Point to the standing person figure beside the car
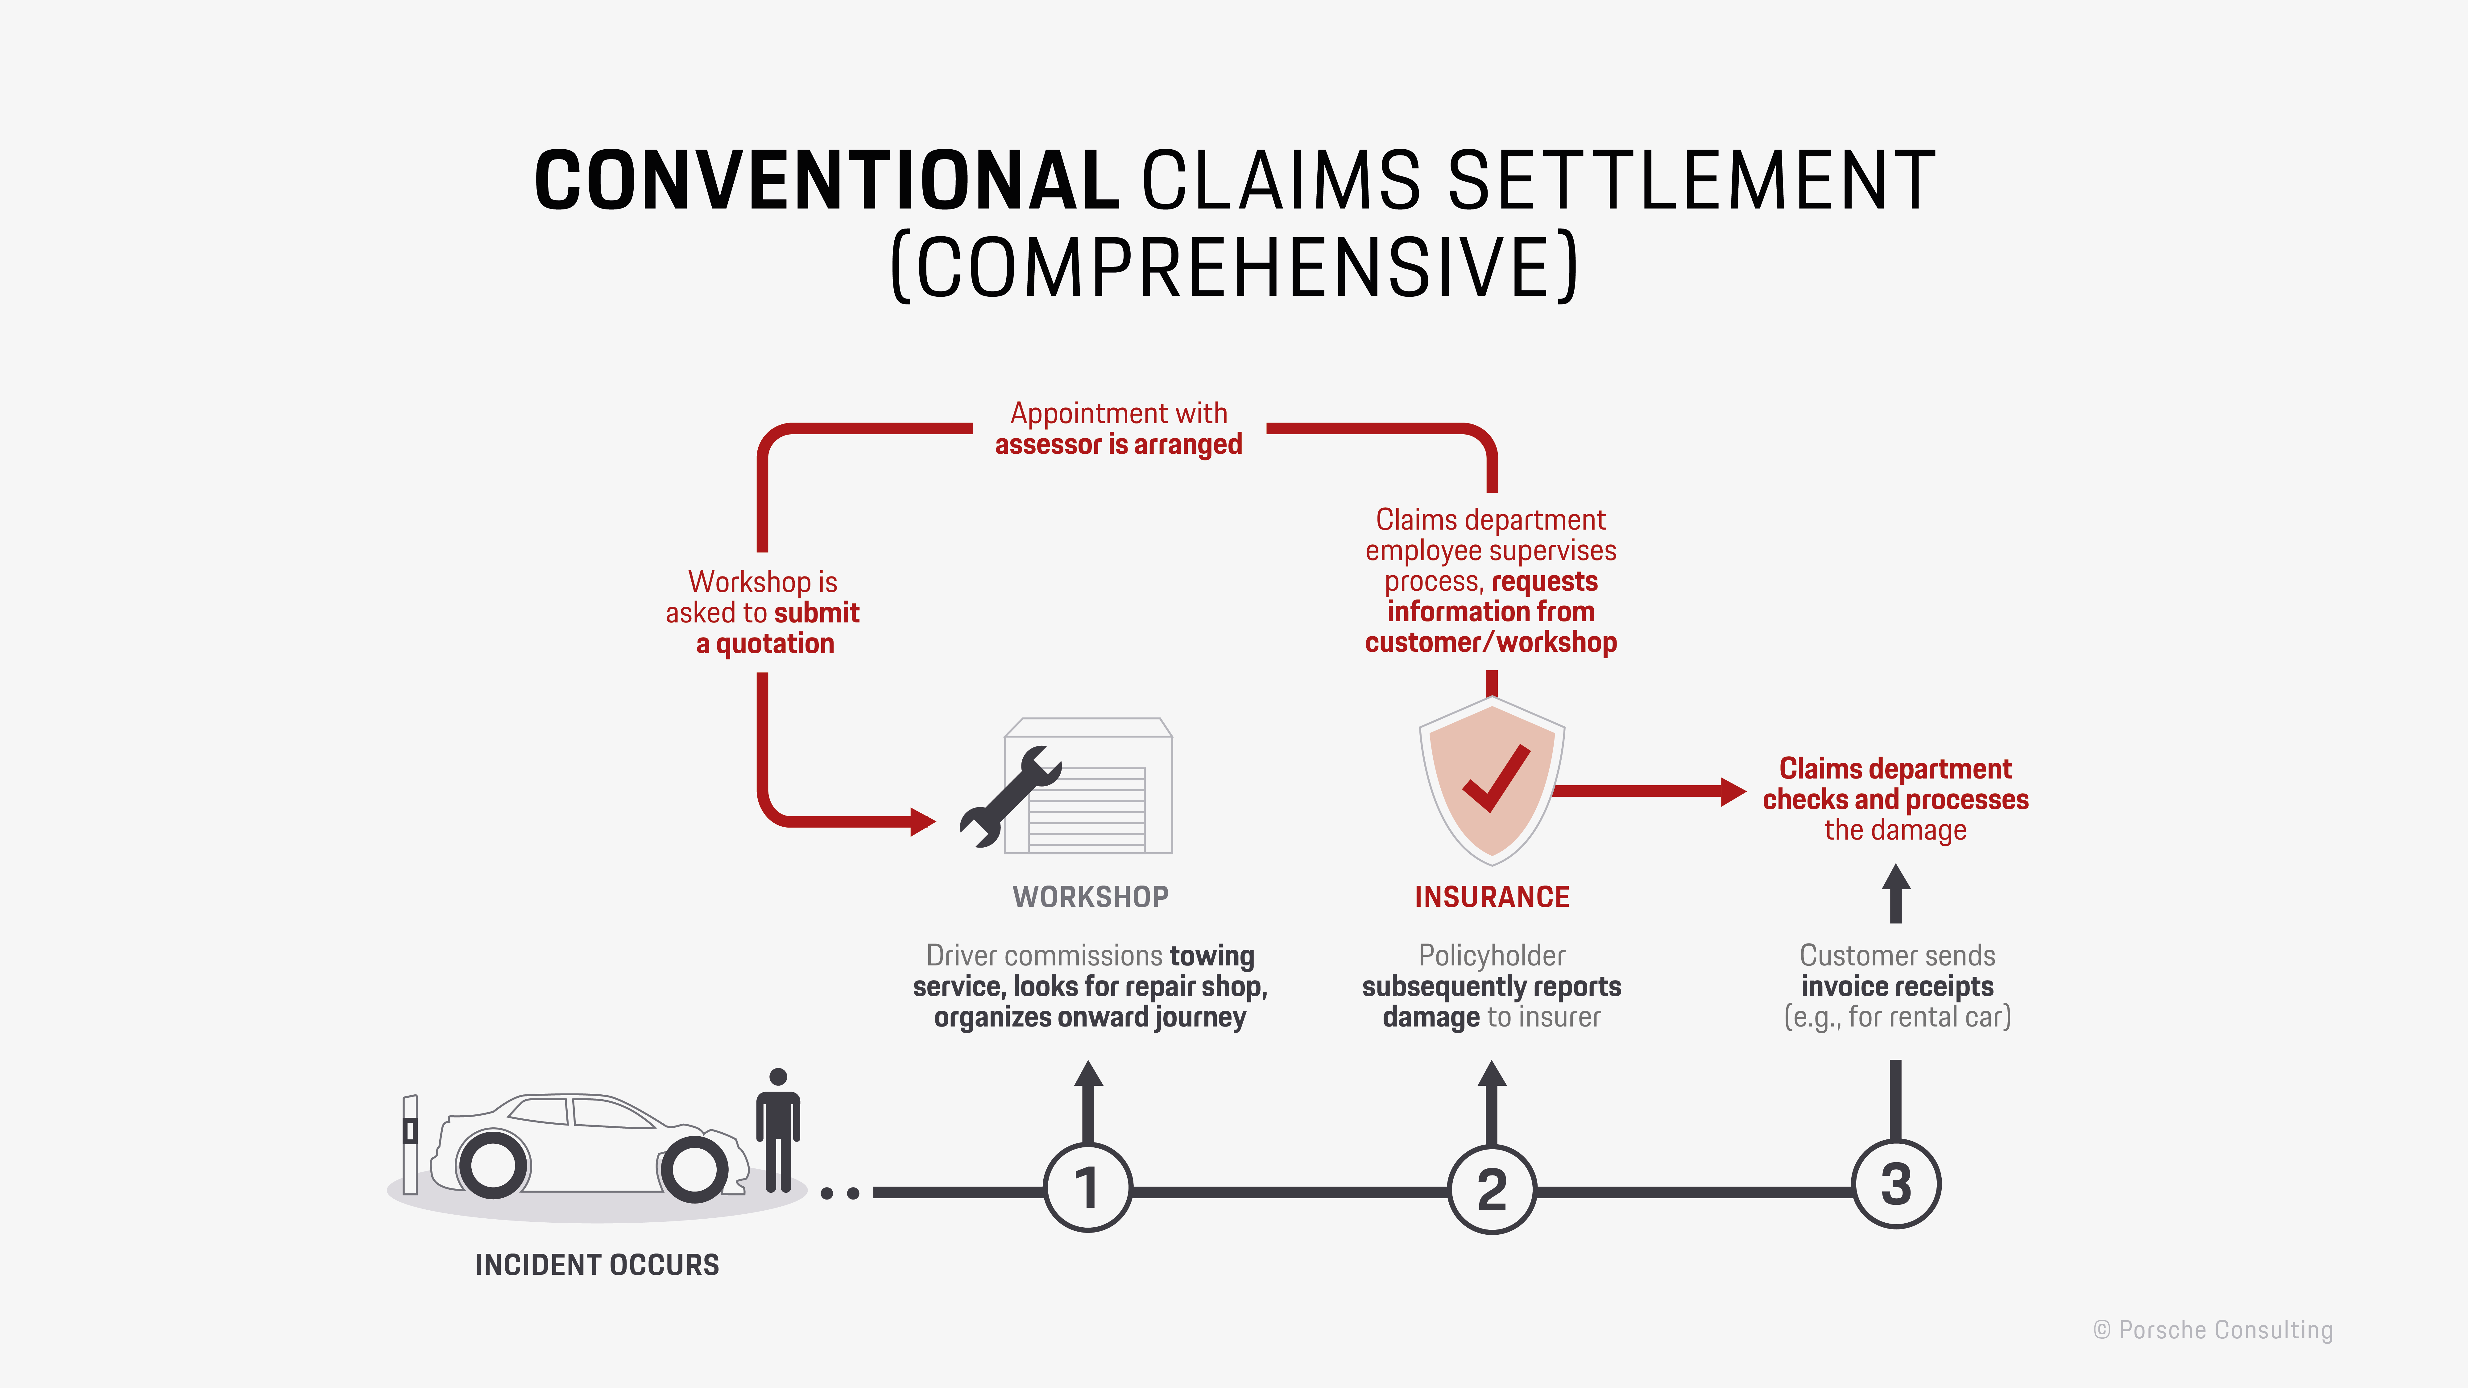778,1130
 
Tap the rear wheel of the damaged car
492,1165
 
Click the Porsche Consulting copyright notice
2213,1330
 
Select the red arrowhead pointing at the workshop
923,822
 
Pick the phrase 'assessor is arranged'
1118,444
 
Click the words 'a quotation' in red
764,644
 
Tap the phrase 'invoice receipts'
1897,987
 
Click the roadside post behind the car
410,1145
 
